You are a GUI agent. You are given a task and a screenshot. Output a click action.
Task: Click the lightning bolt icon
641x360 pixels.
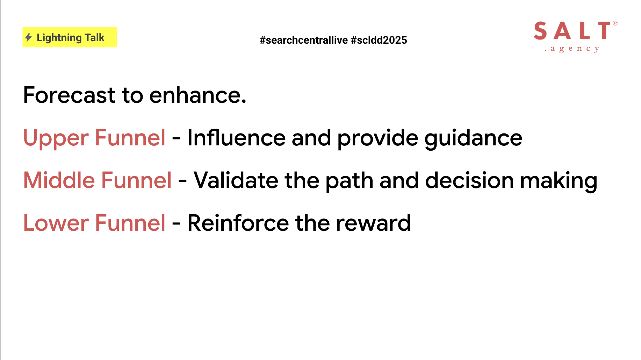coord(28,37)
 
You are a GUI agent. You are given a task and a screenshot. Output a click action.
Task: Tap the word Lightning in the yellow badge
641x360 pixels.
coord(59,38)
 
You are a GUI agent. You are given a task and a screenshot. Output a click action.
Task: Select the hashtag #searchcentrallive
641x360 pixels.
coord(304,40)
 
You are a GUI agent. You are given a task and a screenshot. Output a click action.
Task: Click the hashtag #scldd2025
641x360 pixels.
coord(379,40)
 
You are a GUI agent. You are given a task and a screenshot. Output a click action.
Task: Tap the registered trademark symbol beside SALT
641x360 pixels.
coord(615,23)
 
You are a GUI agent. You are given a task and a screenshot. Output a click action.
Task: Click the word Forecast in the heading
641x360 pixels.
coord(69,95)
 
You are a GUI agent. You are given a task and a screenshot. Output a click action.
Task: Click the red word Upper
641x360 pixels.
coord(56,138)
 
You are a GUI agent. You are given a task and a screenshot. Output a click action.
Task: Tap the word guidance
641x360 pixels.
coord(473,138)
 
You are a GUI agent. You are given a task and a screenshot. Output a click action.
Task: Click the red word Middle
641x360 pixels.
coord(59,180)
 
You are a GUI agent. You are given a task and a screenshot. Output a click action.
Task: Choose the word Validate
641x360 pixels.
coord(236,180)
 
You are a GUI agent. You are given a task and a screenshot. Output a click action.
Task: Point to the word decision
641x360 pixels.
coord(469,180)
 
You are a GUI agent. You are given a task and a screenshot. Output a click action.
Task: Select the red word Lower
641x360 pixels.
coord(56,223)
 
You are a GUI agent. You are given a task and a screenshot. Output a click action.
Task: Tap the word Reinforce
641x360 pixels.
coord(238,223)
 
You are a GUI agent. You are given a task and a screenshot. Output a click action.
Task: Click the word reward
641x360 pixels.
coord(373,223)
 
